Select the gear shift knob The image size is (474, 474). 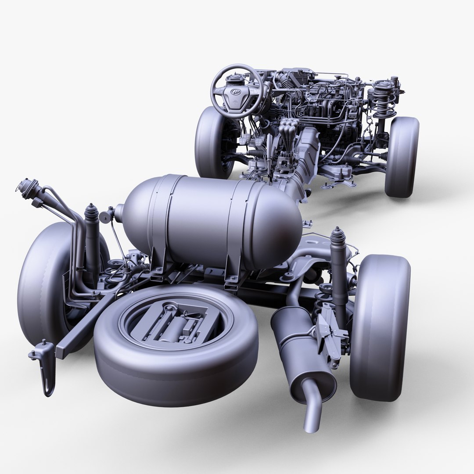point(287,129)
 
